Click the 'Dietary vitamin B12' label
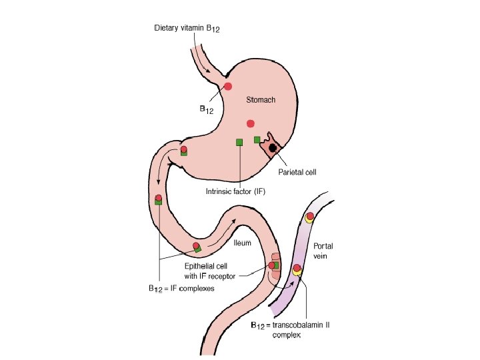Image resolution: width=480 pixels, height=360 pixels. coord(187,28)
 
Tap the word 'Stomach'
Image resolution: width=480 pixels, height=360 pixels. coord(261,100)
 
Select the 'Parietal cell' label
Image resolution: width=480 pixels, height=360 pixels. coord(297,171)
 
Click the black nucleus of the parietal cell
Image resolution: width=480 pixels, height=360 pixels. coord(273,147)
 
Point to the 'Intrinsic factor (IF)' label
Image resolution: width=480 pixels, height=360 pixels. coord(239,191)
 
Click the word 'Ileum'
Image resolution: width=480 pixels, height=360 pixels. coord(242,243)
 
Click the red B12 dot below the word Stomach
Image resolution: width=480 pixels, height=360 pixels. coord(251,123)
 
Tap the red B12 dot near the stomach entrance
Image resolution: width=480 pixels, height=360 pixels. coord(228,86)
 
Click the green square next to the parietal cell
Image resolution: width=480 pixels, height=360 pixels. coord(257,139)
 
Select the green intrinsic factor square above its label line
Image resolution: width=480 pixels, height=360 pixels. coord(239,141)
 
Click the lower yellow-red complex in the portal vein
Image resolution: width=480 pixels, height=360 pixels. coord(297,269)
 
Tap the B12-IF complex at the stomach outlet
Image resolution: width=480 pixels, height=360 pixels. coord(183,151)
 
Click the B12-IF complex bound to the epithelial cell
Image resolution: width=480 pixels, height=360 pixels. coord(273,265)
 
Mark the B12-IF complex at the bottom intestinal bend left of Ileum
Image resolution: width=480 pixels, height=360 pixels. coord(197,247)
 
